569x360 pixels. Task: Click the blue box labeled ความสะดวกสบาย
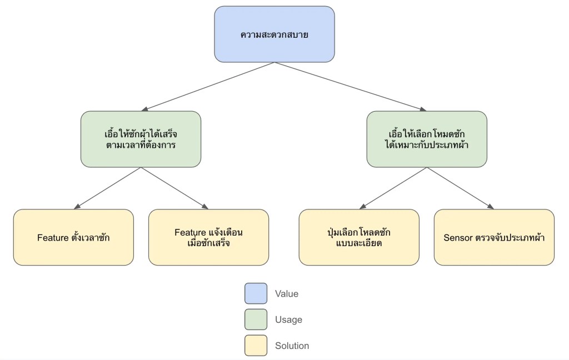[274, 34]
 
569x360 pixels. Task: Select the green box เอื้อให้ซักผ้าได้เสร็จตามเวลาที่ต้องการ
[141, 139]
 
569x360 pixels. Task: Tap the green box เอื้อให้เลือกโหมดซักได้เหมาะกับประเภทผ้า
[426, 139]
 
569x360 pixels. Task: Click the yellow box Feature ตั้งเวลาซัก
[73, 237]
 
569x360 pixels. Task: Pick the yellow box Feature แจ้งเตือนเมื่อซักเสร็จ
[208, 237]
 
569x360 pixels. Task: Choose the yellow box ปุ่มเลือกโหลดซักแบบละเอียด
[359, 237]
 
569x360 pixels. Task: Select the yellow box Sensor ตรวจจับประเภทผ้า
[494, 237]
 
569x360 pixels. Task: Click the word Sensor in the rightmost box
[457, 238]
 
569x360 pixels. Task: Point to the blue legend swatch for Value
[256, 293]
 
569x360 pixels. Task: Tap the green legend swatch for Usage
[256, 319]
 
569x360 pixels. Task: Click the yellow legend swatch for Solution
[256, 346]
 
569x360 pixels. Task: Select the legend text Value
[287, 293]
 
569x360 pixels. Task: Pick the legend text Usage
[288, 319]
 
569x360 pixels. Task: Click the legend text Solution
[292, 346]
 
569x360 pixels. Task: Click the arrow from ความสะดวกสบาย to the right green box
[350, 87]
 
